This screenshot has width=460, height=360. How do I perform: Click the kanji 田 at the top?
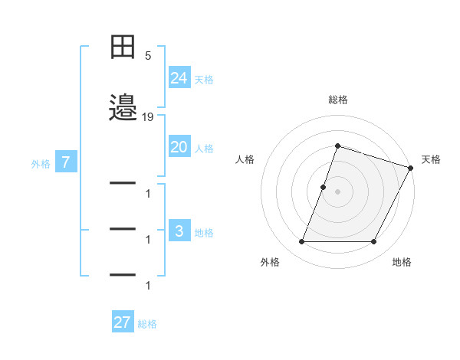point(123,47)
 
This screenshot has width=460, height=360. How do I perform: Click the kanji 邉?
point(123,108)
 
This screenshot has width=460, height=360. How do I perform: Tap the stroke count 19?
point(148,117)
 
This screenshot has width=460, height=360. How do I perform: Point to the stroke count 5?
point(148,56)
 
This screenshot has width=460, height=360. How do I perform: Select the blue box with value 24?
point(179,78)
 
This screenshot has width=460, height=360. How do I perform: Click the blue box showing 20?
point(179,147)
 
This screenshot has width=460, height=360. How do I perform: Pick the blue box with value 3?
point(179,232)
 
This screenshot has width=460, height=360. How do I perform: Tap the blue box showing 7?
point(67,162)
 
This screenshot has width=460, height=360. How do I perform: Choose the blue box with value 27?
point(123,322)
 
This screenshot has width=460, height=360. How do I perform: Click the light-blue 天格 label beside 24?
point(204,79)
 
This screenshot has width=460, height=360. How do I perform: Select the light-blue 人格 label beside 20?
point(204,148)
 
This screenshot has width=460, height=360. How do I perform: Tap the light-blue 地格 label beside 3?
point(204,233)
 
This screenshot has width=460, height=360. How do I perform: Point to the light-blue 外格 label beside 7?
point(41,163)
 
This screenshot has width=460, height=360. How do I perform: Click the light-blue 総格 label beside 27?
point(147,323)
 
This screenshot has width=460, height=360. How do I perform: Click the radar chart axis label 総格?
point(337,100)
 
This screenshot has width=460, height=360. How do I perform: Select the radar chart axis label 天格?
point(431,159)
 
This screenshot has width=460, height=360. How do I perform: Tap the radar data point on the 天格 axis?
point(410,168)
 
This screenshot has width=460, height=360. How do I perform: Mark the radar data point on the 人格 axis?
point(323,187)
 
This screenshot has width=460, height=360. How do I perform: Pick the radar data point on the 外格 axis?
point(301,242)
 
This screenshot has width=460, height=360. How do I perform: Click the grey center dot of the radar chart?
point(337,191)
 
